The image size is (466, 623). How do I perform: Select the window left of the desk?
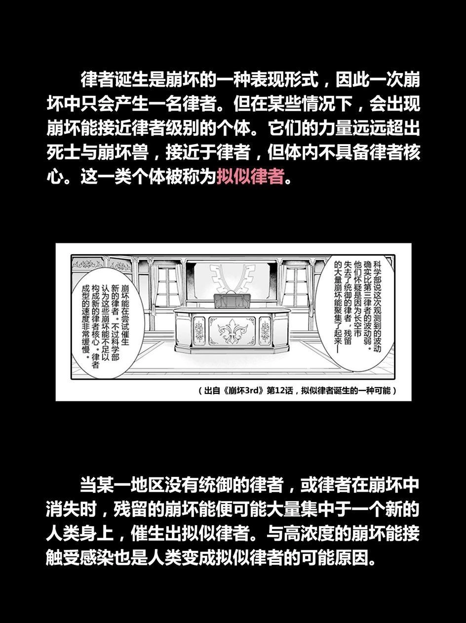[167, 287]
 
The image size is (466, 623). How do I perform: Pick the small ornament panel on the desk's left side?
[199, 330]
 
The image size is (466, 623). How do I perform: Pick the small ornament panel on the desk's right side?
[265, 330]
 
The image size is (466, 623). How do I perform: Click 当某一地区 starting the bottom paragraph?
[122, 485]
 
